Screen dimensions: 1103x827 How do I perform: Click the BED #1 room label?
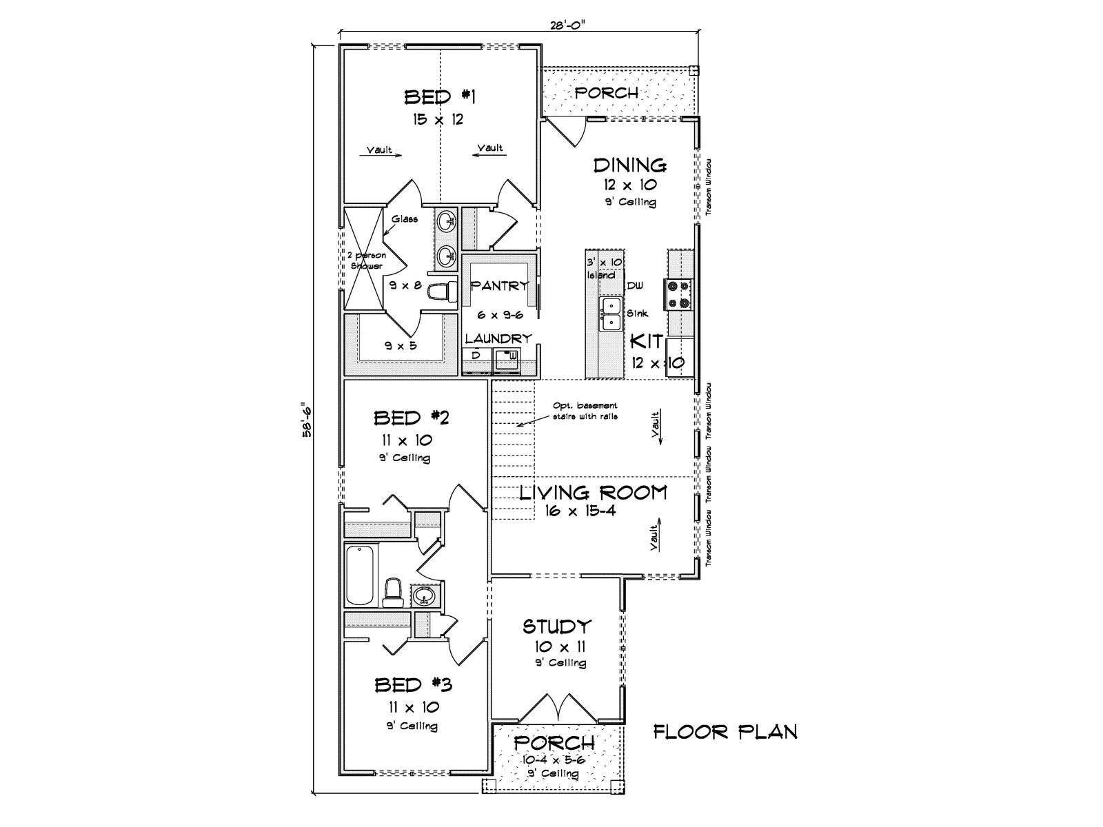coord(440,96)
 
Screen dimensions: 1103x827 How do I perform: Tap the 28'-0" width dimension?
coord(568,25)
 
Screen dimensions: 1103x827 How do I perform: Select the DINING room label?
coord(629,165)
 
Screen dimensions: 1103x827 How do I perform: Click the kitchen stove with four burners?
coord(678,294)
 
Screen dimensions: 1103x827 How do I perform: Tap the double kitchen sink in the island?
coord(611,314)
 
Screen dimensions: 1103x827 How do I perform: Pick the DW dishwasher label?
coord(635,286)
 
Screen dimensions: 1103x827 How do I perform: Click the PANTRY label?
coord(500,286)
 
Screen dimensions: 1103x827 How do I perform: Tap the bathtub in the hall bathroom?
coord(361,575)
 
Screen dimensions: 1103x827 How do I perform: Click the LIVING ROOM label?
coord(593,493)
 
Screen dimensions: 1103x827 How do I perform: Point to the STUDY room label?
coord(556,626)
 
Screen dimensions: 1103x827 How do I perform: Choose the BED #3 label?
coord(413,685)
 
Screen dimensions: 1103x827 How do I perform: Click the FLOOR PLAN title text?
coord(725,732)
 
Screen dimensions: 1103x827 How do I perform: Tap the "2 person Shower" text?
coord(367,261)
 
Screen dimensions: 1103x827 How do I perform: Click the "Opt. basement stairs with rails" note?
coord(585,411)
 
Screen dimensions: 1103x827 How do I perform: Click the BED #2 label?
coord(411,418)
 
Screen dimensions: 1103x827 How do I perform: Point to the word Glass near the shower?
coord(405,219)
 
